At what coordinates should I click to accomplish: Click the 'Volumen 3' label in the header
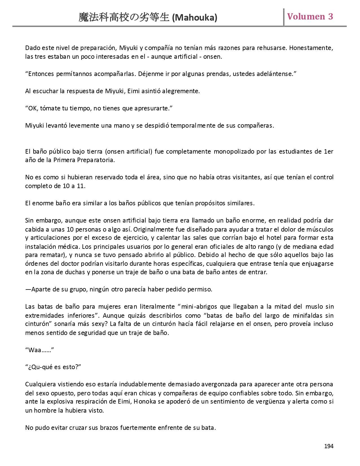coord(310,16)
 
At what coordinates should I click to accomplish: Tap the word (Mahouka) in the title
coord(195,18)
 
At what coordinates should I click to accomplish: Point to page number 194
coord(329,446)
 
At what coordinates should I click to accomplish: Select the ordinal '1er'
coord(328,151)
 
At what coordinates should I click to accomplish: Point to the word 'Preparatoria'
coord(96,160)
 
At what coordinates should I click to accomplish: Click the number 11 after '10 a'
coord(81,186)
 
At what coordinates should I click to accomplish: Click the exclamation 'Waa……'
coord(40,350)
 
